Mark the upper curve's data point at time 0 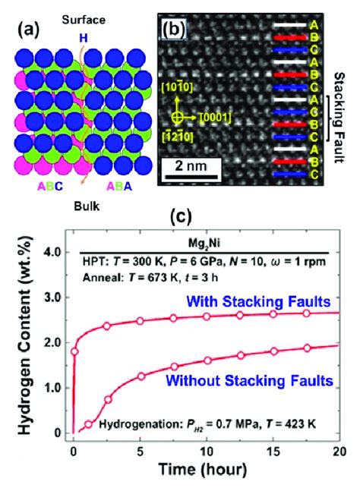(x=74, y=351)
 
